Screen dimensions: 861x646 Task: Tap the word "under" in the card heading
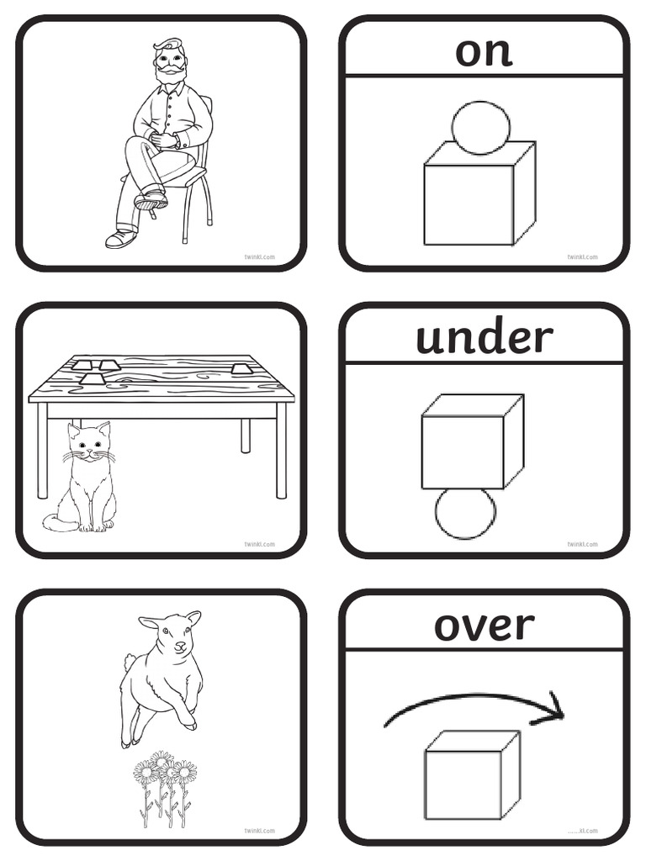pyautogui.click(x=484, y=338)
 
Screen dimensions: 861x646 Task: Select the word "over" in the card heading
pyautogui.click(x=484, y=626)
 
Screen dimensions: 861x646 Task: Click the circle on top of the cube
pyautogui.click(x=480, y=127)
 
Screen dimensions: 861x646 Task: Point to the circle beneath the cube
pyautogui.click(x=465, y=513)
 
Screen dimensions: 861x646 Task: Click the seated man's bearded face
pyautogui.click(x=169, y=64)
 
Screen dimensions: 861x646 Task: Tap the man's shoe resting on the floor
pyautogui.click(x=120, y=238)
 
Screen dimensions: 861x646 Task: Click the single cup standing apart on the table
pyautogui.click(x=241, y=367)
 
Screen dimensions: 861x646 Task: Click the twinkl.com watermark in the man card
pyautogui.click(x=259, y=257)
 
